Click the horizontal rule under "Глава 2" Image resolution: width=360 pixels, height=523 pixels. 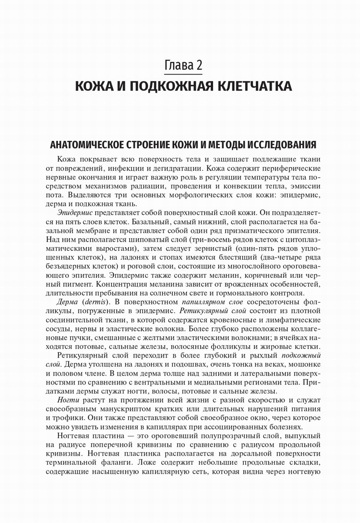(183, 74)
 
